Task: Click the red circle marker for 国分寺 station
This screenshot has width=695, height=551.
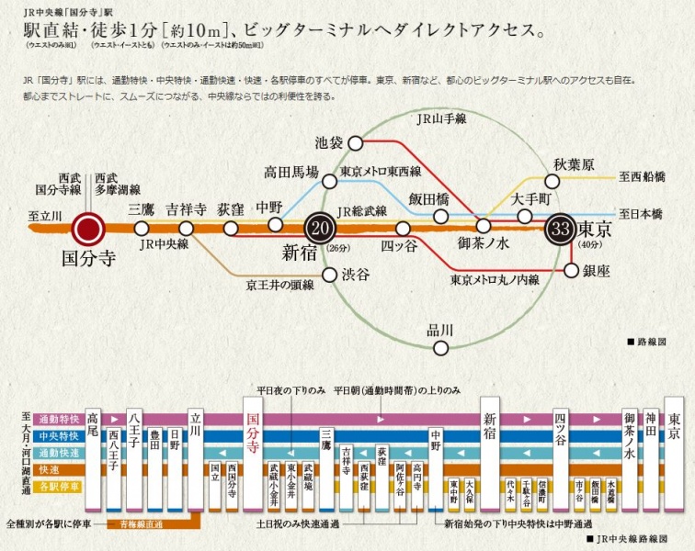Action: [89, 229]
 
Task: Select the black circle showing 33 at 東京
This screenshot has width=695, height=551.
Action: [562, 229]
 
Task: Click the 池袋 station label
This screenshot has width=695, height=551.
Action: [329, 142]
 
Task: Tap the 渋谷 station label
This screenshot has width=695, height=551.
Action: [356, 275]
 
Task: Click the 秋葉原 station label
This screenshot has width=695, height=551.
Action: [574, 165]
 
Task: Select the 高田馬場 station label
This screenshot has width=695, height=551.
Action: [291, 172]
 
